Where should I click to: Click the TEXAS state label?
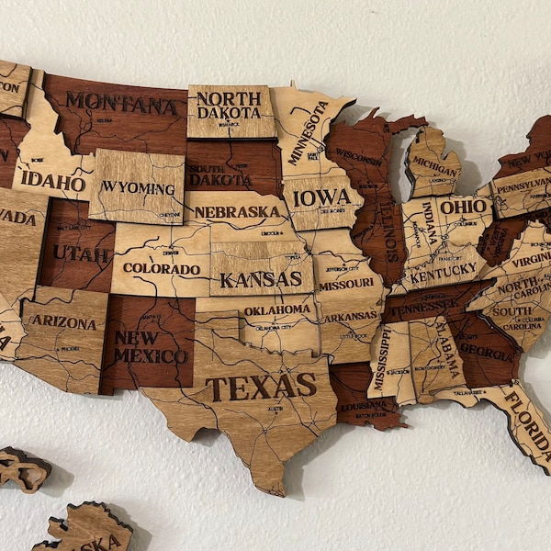coord(261,387)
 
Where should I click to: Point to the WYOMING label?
coord(138,187)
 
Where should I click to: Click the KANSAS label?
coord(261,277)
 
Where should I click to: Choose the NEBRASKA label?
coord(237,212)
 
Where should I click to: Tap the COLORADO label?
coord(161,269)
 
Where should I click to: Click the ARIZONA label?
coord(63,321)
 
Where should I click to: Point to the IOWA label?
coord(321,197)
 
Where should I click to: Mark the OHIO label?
coord(465,207)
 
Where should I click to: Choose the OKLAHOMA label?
coord(276,309)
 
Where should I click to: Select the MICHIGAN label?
coord(434,162)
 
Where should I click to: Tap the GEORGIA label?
coord(486,349)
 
